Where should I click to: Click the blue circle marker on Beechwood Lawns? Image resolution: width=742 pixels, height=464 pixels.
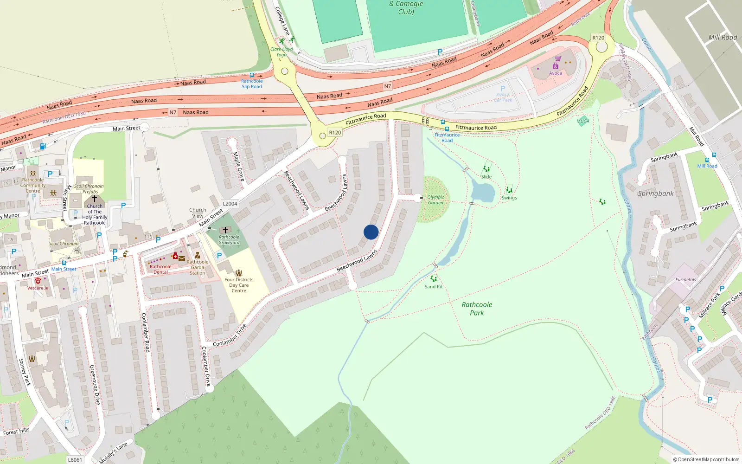[371, 232]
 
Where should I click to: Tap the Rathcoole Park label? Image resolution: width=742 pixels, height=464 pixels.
[477, 309]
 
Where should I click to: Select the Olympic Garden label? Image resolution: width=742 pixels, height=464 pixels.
[435, 200]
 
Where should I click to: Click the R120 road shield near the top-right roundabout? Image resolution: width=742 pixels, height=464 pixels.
[598, 38]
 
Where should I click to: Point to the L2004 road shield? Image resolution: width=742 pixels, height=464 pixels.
[230, 204]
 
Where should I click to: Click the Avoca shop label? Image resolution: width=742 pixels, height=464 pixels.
[556, 73]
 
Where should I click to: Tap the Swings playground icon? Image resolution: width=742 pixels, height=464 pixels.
[509, 190]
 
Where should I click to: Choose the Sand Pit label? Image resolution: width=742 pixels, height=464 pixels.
[433, 287]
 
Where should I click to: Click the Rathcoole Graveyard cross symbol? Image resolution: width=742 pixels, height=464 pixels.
[225, 230]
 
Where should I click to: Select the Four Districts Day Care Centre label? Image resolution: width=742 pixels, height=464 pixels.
[239, 285]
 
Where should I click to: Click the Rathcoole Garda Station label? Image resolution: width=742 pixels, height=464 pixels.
[198, 267]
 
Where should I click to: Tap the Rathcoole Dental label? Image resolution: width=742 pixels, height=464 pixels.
[160, 269]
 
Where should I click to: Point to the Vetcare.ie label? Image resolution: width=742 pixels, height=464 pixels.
[38, 288]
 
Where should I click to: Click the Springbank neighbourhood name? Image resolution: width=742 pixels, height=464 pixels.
[655, 193]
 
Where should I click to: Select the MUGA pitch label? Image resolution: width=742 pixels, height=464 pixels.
[583, 121]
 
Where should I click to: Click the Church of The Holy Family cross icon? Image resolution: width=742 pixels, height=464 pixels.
[95, 199]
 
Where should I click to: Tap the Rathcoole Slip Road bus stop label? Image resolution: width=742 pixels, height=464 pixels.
[251, 84]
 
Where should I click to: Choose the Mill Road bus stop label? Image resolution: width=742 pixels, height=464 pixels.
[707, 166]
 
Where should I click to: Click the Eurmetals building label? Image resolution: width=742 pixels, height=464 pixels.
[685, 280]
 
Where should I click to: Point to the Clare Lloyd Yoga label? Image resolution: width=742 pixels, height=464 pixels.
[281, 52]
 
